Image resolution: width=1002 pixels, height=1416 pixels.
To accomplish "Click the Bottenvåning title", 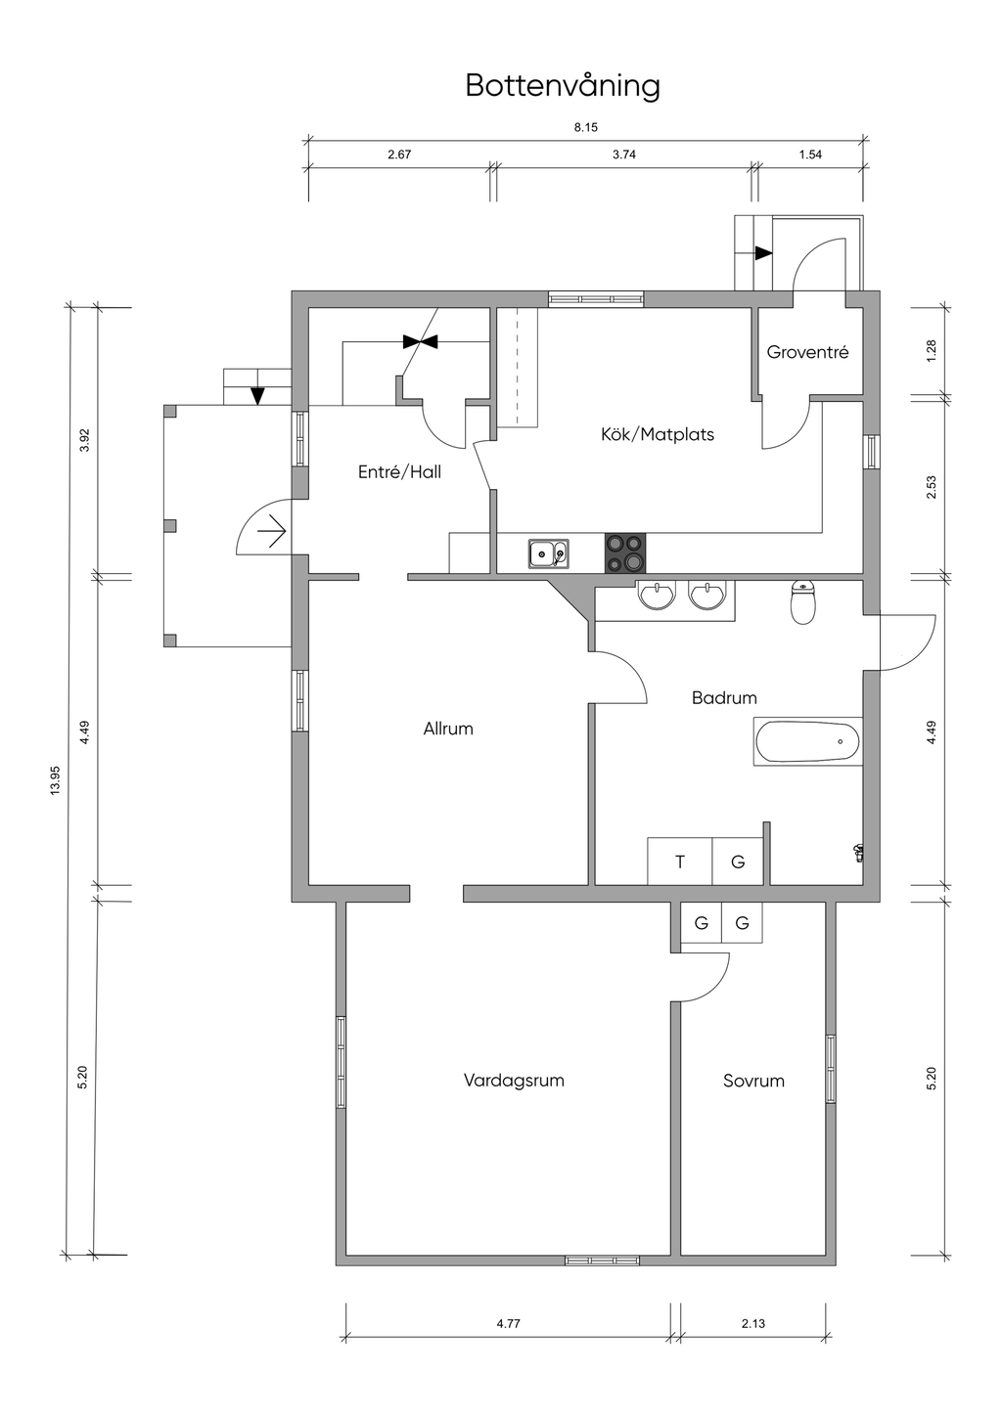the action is click(563, 86).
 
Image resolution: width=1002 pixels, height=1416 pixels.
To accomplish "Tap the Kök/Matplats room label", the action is click(658, 434).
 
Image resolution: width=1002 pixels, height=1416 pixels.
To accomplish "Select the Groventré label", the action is click(807, 352).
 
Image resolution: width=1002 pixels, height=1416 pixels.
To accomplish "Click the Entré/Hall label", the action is click(399, 471).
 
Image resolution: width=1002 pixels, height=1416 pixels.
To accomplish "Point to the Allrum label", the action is click(448, 729).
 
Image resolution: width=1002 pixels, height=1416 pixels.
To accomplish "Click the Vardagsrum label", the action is click(514, 1081).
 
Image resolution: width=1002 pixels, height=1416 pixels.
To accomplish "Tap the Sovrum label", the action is click(753, 1081).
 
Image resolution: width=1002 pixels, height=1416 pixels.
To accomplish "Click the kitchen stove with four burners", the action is click(625, 553).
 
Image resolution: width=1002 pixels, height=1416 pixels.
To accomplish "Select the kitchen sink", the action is click(548, 553).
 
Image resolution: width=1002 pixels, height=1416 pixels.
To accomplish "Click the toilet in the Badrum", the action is click(803, 603).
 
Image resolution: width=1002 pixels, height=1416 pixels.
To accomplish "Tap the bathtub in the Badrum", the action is click(807, 741).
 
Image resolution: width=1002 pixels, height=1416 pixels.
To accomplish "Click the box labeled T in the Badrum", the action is click(679, 862).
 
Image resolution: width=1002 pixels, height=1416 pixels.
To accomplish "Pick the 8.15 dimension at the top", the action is click(586, 128).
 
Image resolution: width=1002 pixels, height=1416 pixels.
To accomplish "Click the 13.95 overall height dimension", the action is click(55, 780).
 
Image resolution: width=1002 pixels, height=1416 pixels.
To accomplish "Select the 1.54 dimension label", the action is click(810, 155).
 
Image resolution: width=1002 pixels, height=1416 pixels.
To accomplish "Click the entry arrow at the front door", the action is click(273, 531).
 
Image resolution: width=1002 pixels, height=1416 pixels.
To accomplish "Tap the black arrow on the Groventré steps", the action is click(763, 253).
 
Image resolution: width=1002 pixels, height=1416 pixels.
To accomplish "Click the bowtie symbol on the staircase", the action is click(420, 342).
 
